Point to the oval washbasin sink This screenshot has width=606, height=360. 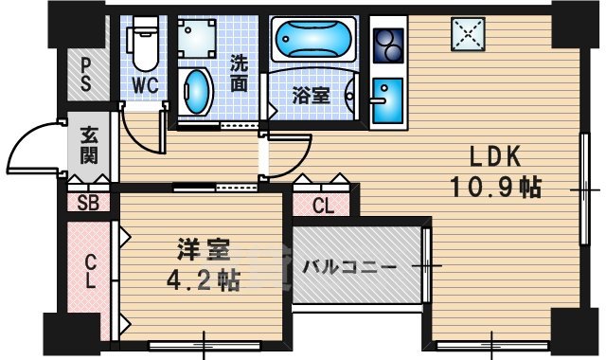click(x=196, y=92)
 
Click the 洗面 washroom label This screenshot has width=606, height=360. click(x=241, y=74)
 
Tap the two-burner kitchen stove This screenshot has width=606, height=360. click(x=387, y=44)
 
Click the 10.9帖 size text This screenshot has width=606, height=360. click(x=495, y=188)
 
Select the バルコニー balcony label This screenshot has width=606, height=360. click(x=350, y=267)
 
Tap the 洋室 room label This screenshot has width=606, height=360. click(x=203, y=252)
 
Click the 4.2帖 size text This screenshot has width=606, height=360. click(x=203, y=279)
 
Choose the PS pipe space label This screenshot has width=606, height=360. click(x=86, y=74)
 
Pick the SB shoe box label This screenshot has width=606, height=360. click(x=87, y=202)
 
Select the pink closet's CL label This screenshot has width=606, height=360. click(x=91, y=270)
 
